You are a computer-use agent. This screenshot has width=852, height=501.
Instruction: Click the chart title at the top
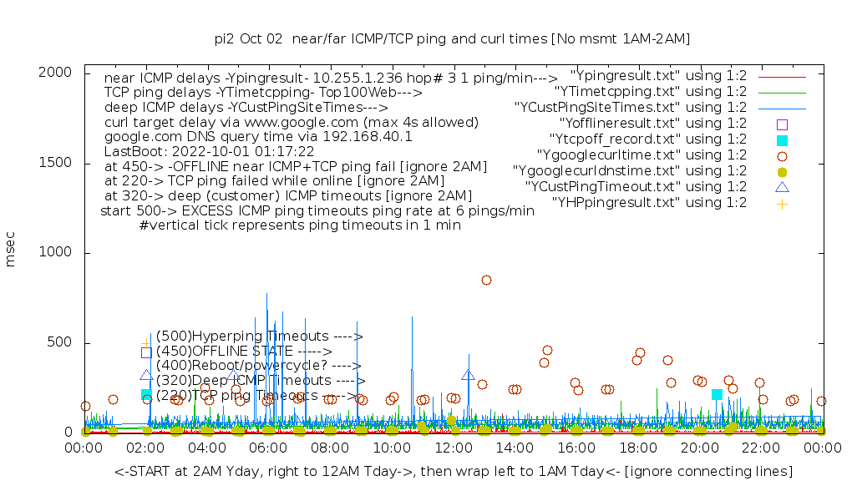[x=452, y=38]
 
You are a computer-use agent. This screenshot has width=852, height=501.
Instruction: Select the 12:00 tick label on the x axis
[x=453, y=449]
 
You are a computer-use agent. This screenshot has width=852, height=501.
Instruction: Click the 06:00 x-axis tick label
[x=268, y=449]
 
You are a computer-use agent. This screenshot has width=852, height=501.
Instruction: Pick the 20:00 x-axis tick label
[x=699, y=449]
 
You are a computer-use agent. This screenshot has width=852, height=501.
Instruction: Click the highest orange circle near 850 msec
[x=486, y=280]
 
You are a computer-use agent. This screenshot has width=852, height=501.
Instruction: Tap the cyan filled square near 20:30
[x=717, y=394]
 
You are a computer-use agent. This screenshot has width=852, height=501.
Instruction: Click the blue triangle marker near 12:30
[x=468, y=376]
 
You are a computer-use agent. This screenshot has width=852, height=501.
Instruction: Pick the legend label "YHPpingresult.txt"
[x=649, y=202]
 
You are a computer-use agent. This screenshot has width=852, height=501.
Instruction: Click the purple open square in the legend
[x=782, y=124]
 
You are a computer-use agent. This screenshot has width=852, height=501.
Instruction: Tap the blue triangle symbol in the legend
[x=782, y=187]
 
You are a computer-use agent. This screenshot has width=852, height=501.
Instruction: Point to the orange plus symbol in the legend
[x=782, y=203]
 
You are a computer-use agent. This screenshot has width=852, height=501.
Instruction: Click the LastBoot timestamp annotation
[x=209, y=152]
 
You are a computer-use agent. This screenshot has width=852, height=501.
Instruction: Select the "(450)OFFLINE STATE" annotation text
[x=243, y=351]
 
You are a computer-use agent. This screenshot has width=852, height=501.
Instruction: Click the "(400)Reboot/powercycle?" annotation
[x=258, y=365]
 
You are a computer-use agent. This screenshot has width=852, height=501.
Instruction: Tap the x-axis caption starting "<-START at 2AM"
[x=454, y=472]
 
